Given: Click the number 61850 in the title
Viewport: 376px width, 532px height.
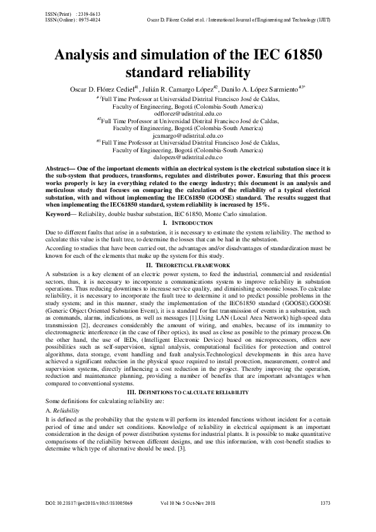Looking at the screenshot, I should tap(294, 54).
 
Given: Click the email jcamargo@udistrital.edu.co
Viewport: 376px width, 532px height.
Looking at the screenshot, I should tap(188, 135).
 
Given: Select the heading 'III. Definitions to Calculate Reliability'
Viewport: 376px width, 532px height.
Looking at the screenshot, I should tap(188, 392).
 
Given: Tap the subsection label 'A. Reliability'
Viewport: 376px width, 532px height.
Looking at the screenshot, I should tap(62, 411).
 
